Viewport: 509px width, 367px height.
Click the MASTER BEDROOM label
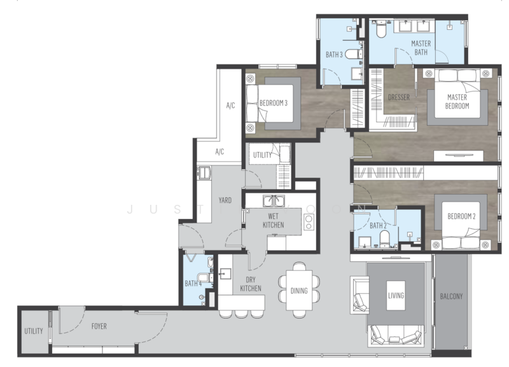[x=457, y=102]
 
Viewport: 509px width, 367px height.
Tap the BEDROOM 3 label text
[x=273, y=103]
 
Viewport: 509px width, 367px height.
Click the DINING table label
[x=299, y=291]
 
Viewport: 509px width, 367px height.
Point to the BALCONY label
[x=451, y=296]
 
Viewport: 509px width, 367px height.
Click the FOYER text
[x=99, y=326]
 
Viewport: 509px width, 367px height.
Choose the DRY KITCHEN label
[x=251, y=284]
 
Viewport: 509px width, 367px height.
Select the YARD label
[x=225, y=200]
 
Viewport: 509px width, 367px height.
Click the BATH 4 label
[x=193, y=283]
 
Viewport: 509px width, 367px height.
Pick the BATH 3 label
[x=335, y=55]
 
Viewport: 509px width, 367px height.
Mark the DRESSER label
[x=398, y=97]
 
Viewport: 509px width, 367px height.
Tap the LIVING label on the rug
[x=396, y=296]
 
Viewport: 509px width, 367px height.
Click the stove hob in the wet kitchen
[x=309, y=222]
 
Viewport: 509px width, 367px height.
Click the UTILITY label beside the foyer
[x=34, y=331]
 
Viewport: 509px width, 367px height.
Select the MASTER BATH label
[x=421, y=48]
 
